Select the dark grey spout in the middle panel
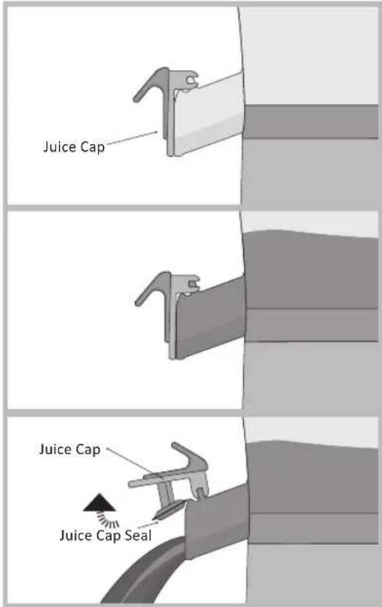click(x=212, y=314)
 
